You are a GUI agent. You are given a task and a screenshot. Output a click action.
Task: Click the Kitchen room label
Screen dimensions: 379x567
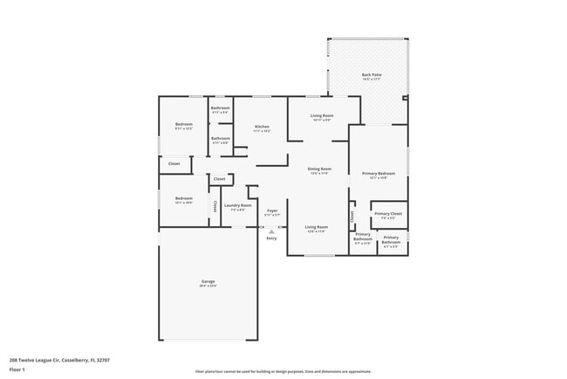[x=262, y=127]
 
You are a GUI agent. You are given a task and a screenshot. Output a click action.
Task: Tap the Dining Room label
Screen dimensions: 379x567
[x=319, y=169]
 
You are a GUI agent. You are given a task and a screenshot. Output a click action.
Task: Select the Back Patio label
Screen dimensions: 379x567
[x=371, y=74]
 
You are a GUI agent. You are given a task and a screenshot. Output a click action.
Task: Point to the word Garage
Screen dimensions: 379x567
[x=208, y=281]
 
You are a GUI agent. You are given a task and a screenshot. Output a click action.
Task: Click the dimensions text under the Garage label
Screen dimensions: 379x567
[x=208, y=286]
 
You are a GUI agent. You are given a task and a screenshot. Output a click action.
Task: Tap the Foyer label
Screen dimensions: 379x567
[x=272, y=210]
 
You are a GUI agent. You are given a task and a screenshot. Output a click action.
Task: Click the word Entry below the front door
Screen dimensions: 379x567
[x=271, y=238]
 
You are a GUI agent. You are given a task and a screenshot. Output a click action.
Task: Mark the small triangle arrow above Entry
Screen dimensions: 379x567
[x=271, y=231]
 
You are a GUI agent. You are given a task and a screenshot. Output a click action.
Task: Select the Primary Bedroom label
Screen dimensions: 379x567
[x=379, y=173]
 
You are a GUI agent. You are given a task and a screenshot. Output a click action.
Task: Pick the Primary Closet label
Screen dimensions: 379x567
[x=388, y=213]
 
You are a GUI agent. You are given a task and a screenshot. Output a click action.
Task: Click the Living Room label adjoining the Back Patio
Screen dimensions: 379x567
[x=323, y=115]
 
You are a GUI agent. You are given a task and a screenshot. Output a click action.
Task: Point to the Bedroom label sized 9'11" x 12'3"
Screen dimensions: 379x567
[x=183, y=124]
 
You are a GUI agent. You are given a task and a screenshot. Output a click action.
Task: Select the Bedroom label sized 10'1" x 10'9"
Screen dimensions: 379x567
[x=183, y=198]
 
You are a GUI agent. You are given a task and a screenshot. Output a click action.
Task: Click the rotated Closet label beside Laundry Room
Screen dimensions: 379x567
[x=215, y=207]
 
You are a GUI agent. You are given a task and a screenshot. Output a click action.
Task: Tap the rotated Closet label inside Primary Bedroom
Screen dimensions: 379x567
[x=352, y=214]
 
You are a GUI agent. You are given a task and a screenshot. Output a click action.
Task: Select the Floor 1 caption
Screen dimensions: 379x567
[x=17, y=369]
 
